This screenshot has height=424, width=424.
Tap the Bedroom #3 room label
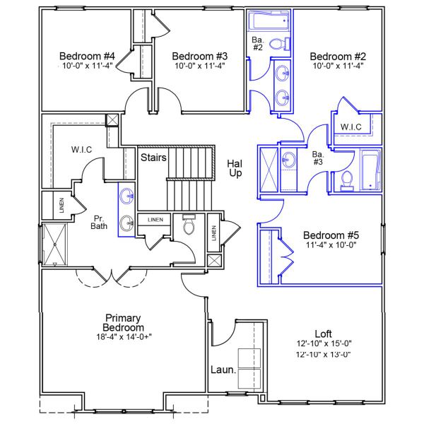(x=200, y=57)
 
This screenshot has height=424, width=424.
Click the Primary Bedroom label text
(x=124, y=323)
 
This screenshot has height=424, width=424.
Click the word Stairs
(x=153, y=157)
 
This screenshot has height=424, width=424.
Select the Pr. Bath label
(x=99, y=223)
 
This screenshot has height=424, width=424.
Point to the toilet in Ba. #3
(x=346, y=182)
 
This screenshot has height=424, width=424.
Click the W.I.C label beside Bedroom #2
(x=351, y=127)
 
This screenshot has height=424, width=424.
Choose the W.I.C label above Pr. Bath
(x=83, y=150)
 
